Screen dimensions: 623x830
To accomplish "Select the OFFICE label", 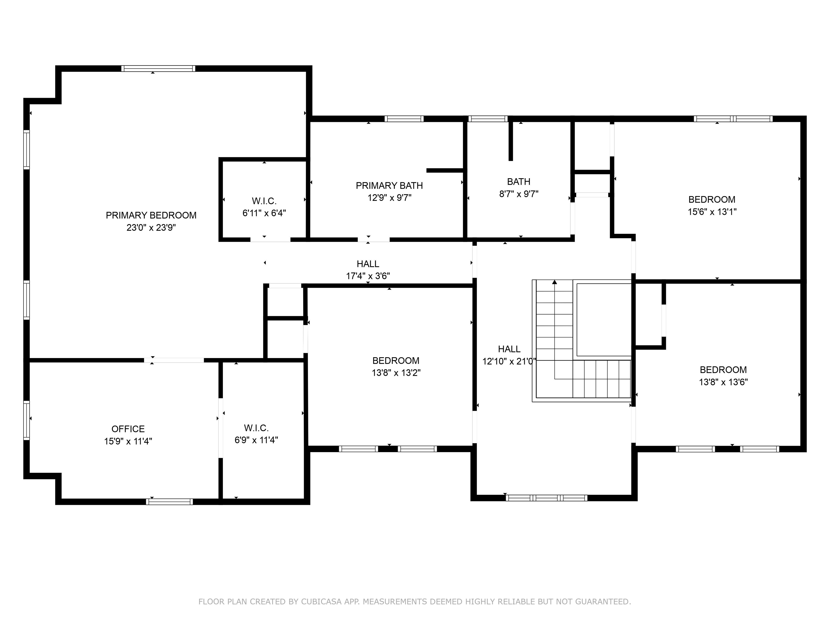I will click(x=128, y=429).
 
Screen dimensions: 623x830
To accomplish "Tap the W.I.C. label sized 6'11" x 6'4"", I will click(x=264, y=201).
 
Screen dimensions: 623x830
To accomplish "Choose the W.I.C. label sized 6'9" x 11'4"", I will click(x=256, y=428).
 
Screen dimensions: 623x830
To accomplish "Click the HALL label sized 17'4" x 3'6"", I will click(x=368, y=264).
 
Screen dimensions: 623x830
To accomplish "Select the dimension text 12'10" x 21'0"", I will click(x=509, y=361).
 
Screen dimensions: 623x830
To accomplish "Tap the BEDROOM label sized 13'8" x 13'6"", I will click(x=723, y=370).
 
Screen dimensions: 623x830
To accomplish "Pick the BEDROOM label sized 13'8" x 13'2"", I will click(x=396, y=360).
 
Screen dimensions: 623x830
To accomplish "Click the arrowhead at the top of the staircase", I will click(x=555, y=282).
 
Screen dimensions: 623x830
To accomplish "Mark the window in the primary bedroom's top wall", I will click(x=158, y=68).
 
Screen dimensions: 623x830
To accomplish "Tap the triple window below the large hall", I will click(x=546, y=498).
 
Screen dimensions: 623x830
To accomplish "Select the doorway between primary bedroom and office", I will click(x=174, y=360).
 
